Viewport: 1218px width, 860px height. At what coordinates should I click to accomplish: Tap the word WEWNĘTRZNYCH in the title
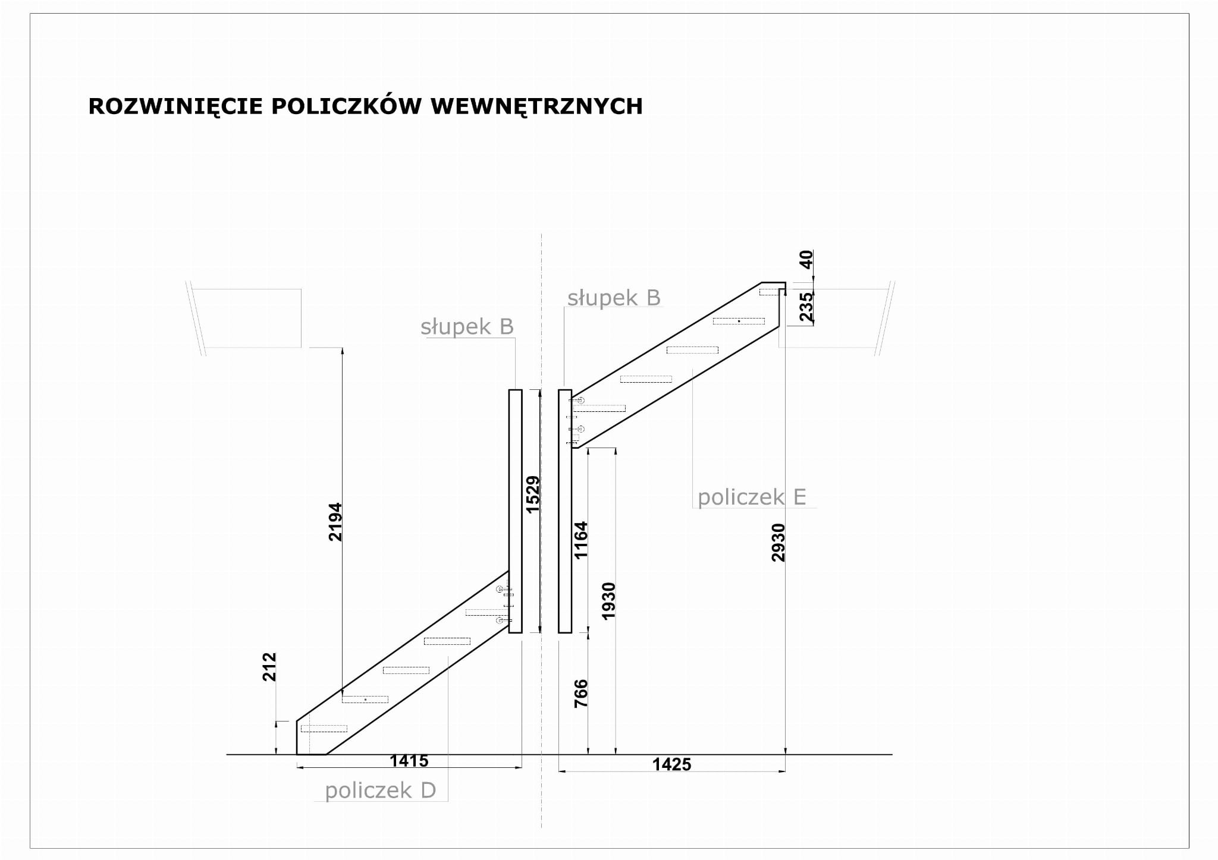536,106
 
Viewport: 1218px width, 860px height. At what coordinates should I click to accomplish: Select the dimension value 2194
335,522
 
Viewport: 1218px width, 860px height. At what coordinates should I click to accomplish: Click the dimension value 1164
580,540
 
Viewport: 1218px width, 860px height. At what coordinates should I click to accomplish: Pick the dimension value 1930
608,601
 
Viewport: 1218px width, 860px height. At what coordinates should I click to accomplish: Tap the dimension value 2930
778,542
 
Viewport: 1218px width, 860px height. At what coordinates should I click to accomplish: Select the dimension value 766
580,693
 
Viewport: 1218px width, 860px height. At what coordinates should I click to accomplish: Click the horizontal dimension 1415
409,761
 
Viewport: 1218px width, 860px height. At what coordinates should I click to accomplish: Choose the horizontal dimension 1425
671,764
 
